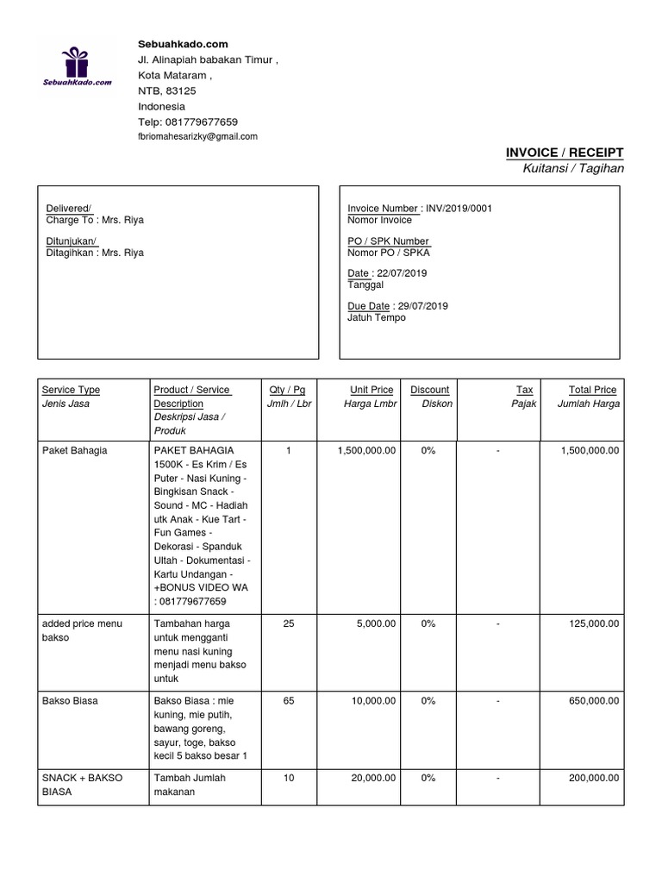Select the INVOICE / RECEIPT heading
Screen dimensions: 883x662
564,153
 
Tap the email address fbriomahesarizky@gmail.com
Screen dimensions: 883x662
197,137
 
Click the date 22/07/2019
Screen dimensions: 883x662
403,273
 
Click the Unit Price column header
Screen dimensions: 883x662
372,390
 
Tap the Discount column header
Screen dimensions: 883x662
429,390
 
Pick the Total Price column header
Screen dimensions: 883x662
592,390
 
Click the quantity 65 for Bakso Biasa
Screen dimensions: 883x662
289,701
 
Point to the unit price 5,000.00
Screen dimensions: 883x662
375,623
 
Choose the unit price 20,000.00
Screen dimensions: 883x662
372,779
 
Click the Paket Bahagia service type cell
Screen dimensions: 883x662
75,451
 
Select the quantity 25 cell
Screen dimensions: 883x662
289,623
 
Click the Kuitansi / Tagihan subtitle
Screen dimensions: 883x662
572,168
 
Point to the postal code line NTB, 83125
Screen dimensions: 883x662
167,91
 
